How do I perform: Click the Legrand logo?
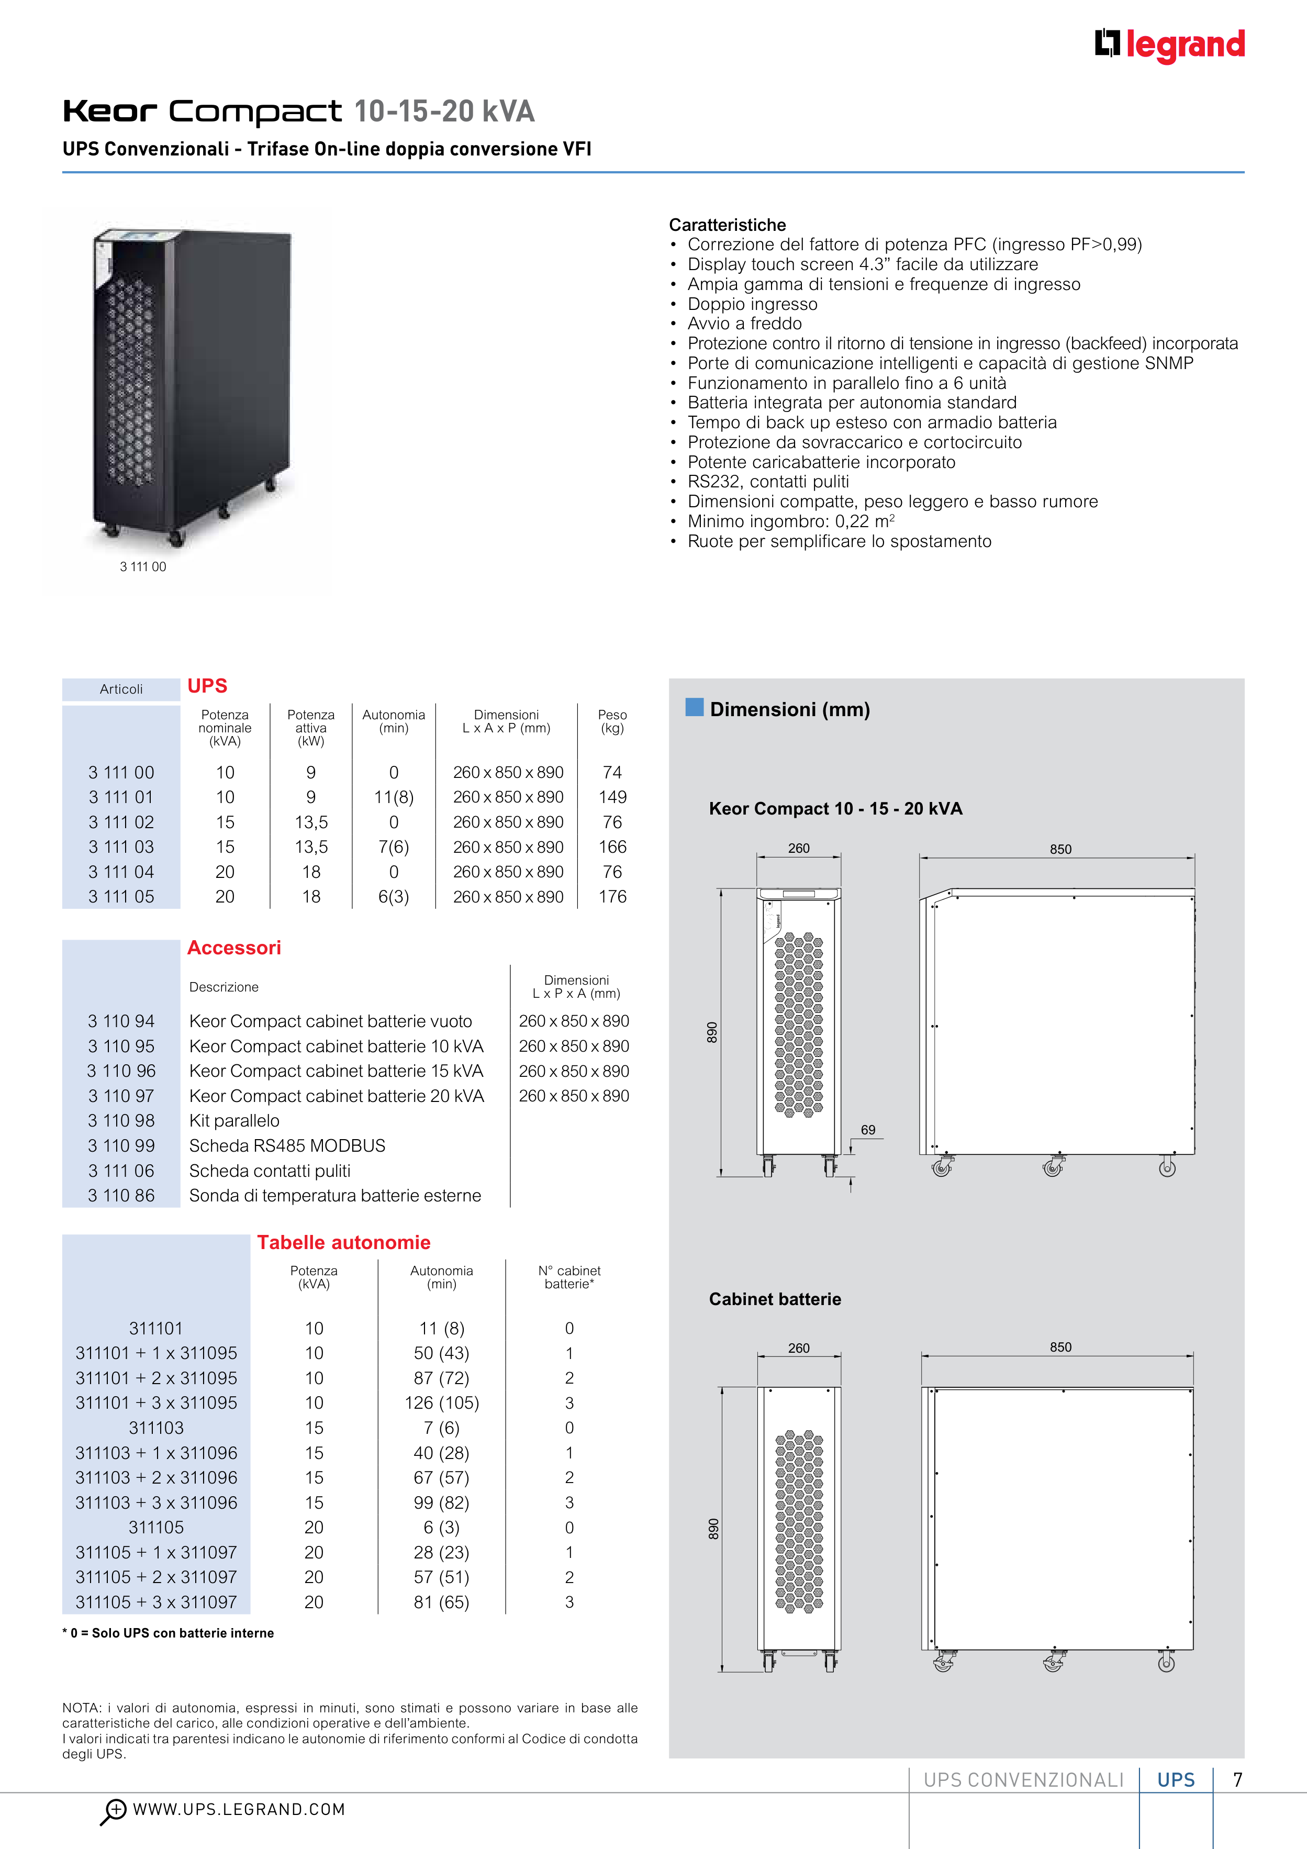(1169, 45)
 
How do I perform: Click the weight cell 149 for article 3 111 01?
(612, 797)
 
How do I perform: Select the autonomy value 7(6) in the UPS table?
(394, 847)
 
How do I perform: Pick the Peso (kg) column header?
(612, 721)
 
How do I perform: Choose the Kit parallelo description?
(234, 1121)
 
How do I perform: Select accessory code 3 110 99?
(121, 1146)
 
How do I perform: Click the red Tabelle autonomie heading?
(344, 1243)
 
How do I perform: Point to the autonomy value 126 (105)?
(441, 1403)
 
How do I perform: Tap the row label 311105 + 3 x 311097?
(156, 1602)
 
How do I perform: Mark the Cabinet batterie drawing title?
(775, 1299)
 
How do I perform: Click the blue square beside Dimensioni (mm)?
(694, 707)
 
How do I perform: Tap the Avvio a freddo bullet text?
(744, 324)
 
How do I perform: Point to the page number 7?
(1238, 1780)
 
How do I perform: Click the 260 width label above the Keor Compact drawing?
(799, 848)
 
